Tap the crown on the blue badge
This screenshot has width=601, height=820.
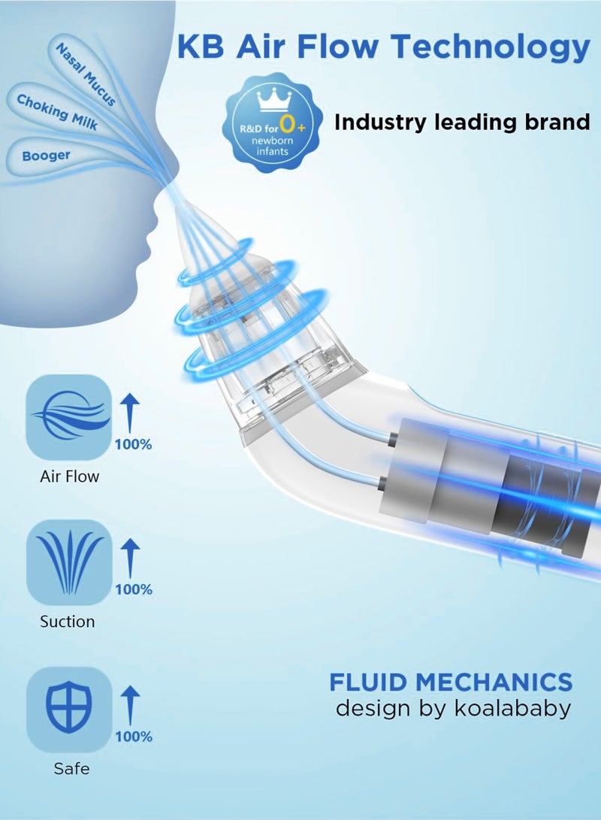pos(276,100)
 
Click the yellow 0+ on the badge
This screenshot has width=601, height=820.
pos(291,125)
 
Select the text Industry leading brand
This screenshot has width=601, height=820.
pos(462,123)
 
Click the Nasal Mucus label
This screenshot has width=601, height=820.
pos(86,74)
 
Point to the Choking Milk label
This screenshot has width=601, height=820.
pos(58,112)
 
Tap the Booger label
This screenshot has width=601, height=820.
pos(46,156)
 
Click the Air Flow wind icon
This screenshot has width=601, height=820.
pos(69,417)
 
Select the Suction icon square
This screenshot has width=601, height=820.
pos(69,563)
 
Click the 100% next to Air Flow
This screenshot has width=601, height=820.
pos(133,444)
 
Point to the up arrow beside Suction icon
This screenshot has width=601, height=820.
pos(130,558)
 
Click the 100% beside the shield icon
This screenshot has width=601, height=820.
pos(134,737)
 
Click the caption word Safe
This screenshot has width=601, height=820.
pos(71,769)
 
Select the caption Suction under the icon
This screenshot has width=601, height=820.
pos(68,622)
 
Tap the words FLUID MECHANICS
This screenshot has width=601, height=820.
pos(451,682)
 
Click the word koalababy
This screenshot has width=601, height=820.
pos(512,709)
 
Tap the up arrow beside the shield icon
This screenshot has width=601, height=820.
pos(130,706)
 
